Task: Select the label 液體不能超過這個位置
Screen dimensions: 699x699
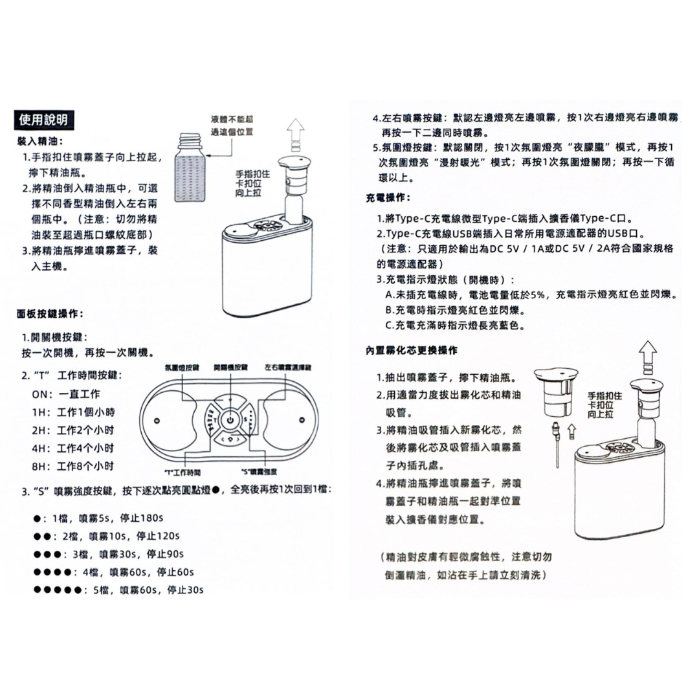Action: pyautogui.click(x=231, y=126)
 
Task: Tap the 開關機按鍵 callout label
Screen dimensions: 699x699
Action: pyautogui.click(x=230, y=367)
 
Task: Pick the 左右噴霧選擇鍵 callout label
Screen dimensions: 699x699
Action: pyautogui.click(x=288, y=367)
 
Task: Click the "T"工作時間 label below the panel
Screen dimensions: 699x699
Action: pyautogui.click(x=184, y=471)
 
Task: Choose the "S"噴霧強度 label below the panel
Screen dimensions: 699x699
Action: pyautogui.click(x=258, y=471)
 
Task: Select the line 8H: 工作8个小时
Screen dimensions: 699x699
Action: pyautogui.click(x=73, y=465)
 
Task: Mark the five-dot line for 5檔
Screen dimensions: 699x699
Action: pyautogui.click(x=119, y=590)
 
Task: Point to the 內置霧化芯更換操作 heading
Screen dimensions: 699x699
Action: pyautogui.click(x=412, y=351)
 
